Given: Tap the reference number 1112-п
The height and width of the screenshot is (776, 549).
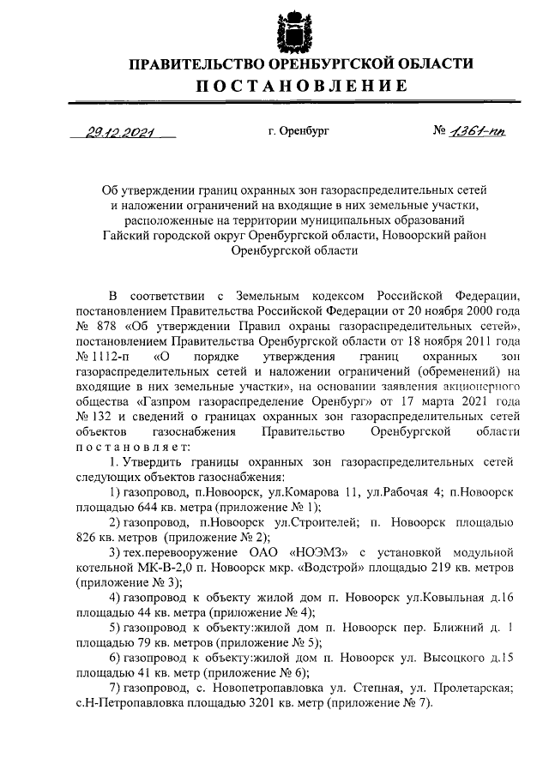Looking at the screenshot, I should (x=99, y=358).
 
